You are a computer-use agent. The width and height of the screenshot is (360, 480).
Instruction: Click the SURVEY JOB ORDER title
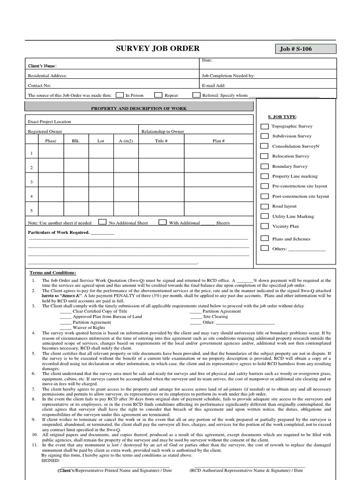(157, 48)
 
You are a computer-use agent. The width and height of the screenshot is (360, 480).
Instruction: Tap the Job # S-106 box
(305, 49)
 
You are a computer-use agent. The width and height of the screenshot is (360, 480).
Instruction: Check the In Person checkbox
(120, 95)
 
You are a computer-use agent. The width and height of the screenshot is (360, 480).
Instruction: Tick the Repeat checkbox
(158, 95)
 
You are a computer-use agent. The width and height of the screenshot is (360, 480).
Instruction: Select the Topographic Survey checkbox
(265, 126)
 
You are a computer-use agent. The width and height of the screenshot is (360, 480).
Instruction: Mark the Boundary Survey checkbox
(265, 166)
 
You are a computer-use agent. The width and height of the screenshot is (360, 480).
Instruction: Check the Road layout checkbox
(265, 206)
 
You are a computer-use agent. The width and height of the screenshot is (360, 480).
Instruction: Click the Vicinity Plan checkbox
(265, 226)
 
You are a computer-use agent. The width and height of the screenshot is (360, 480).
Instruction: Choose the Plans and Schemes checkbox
(265, 239)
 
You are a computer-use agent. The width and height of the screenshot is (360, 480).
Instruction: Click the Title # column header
(161, 141)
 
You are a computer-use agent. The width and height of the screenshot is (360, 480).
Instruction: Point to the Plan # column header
(218, 141)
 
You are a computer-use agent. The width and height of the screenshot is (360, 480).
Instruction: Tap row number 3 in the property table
(31, 181)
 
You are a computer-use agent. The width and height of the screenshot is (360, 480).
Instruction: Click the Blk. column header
(76, 141)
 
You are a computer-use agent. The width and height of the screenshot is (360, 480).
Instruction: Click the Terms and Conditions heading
(53, 272)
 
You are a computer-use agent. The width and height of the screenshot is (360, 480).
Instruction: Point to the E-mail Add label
(213, 86)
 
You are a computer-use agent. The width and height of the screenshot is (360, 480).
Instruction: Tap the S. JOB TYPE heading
(282, 116)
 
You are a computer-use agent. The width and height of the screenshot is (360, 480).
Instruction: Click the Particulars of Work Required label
(59, 232)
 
